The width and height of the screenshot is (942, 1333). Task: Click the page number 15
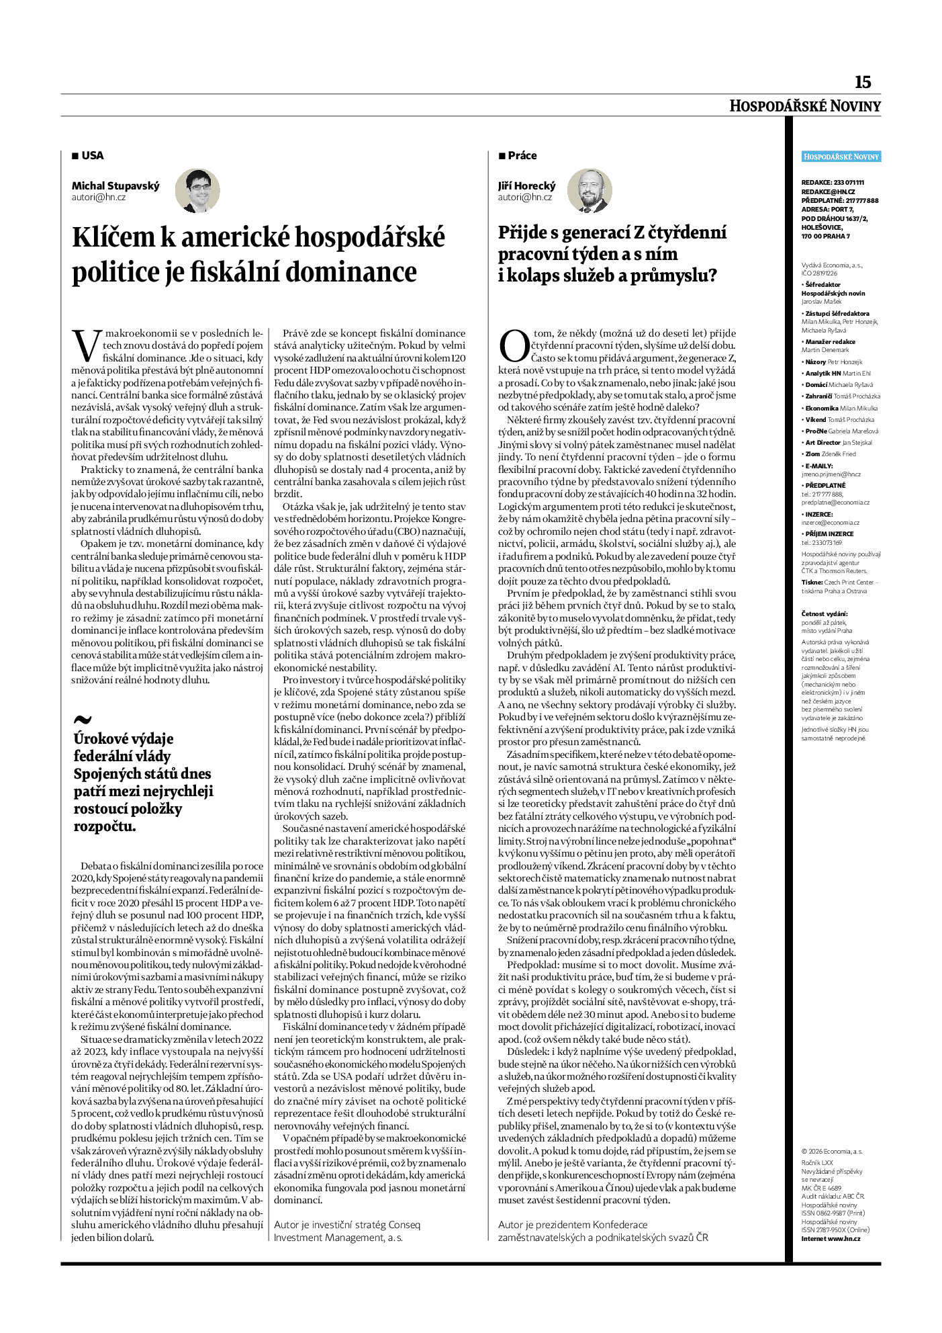[x=862, y=83]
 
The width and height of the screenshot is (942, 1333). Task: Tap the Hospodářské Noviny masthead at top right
[x=805, y=106]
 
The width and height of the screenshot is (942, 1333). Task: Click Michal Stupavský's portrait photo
[x=197, y=191]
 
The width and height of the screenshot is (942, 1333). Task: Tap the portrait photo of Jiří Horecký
[x=590, y=191]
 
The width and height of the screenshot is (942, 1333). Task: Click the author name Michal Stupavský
[x=115, y=186]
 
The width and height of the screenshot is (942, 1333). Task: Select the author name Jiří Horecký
[x=526, y=186]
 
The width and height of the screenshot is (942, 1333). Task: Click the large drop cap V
[x=86, y=345]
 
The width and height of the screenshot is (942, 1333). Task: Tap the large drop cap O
[x=514, y=346]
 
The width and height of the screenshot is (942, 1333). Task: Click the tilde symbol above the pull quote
[x=82, y=720]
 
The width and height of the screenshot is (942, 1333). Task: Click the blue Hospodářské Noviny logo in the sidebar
[x=841, y=157]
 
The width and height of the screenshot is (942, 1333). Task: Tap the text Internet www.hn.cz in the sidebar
[x=831, y=1238]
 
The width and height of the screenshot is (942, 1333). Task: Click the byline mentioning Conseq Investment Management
[x=346, y=1231]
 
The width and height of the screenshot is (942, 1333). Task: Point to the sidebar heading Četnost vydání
[x=825, y=613]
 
